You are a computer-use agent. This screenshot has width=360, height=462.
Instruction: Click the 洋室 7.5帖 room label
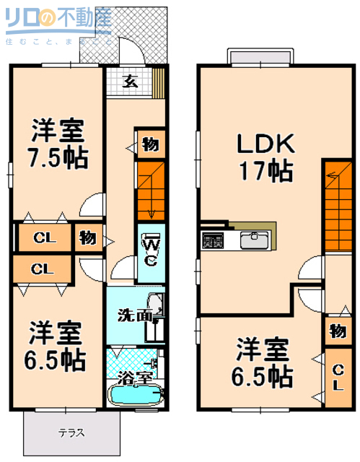(57, 144)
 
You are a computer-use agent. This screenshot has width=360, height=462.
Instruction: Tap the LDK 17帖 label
(266, 157)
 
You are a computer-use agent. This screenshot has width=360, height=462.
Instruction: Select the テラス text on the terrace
(71, 433)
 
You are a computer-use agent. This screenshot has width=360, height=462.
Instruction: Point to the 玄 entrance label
(129, 81)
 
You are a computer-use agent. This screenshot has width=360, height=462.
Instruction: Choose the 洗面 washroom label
(135, 315)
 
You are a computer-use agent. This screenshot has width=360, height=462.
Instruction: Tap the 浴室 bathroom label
(136, 376)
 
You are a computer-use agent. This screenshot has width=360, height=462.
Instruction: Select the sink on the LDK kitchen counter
(254, 240)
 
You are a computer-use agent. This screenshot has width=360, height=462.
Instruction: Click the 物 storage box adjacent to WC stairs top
(150, 144)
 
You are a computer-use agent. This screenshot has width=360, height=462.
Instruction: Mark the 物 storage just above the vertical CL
(337, 331)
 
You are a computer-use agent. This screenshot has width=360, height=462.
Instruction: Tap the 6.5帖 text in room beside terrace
(57, 359)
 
